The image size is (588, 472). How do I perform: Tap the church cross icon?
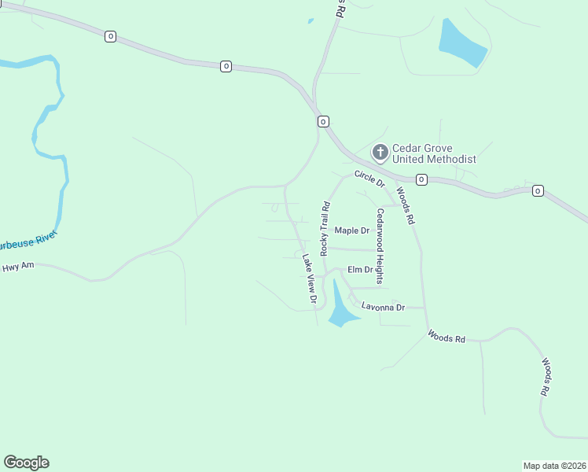tap(380, 152)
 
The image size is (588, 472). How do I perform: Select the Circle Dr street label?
tap(369, 179)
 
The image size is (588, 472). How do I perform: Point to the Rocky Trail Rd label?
tap(324, 228)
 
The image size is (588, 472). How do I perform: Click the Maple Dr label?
tap(351, 230)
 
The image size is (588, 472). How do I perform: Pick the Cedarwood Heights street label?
tap(380, 246)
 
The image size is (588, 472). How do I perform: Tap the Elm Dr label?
tap(359, 269)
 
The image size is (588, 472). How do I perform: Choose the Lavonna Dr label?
tap(383, 307)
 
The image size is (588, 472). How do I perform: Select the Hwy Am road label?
tap(19, 267)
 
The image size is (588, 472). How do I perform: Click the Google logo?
tap(26, 463)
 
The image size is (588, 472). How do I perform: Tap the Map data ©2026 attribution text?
tap(554, 465)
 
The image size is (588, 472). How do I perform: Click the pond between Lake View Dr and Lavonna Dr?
tap(340, 309)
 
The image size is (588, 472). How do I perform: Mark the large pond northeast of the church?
tap(462, 43)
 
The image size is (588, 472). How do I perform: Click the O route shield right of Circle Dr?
tap(421, 180)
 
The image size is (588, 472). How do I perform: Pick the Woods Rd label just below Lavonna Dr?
tap(447, 337)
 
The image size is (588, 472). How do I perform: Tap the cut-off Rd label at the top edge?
tap(340, 9)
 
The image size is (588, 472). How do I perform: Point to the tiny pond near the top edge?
tap(311, 21)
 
